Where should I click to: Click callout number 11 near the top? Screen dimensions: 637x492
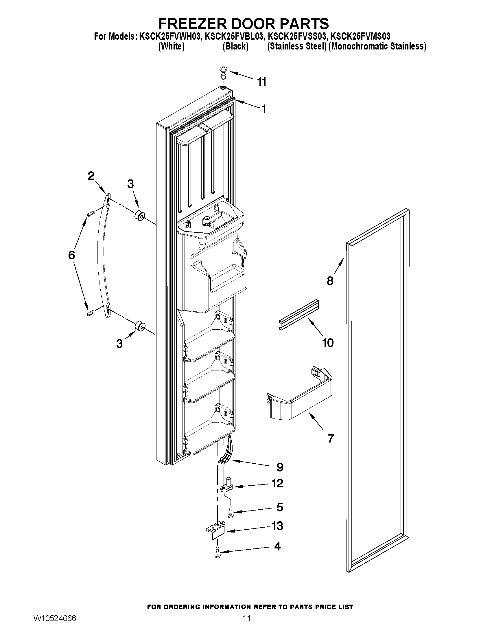(x=262, y=82)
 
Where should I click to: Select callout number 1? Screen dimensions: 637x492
(x=263, y=109)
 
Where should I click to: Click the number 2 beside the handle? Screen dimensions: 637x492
(x=91, y=176)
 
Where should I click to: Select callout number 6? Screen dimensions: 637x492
(x=71, y=255)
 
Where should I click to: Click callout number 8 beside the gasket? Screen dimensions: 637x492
(x=330, y=281)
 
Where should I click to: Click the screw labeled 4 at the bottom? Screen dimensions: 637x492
(x=217, y=552)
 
